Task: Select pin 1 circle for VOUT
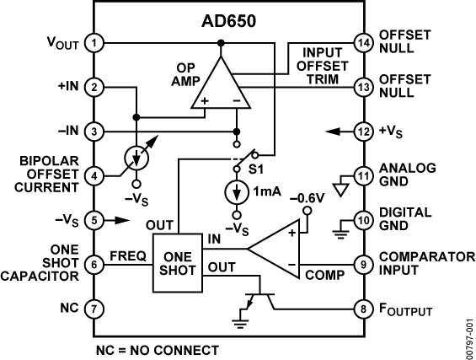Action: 96,42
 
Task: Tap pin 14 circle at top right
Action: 363,42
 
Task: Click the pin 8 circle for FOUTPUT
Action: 363,309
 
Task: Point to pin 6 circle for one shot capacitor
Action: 96,264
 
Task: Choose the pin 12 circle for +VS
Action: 363,132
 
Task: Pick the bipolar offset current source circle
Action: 136,159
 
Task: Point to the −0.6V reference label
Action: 306,198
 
